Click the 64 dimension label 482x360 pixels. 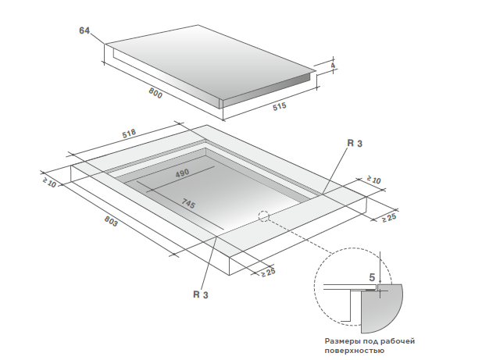tap(85, 30)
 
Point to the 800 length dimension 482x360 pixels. tap(155, 94)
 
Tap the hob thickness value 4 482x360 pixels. tap(333, 66)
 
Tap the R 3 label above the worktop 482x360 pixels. tap(355, 144)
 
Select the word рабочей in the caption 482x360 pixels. tap(396, 342)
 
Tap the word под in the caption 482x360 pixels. tap(372, 342)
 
